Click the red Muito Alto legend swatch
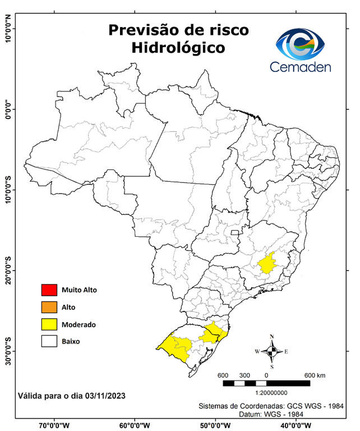click(x=49, y=290)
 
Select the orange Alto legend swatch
click(x=49, y=307)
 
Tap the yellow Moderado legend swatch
click(x=49, y=324)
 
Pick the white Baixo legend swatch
click(x=49, y=341)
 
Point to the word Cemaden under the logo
click(x=301, y=67)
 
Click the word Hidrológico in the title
click(x=178, y=48)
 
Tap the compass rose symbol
click(x=272, y=351)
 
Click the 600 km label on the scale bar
click(x=315, y=375)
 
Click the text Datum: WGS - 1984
click(x=270, y=414)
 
